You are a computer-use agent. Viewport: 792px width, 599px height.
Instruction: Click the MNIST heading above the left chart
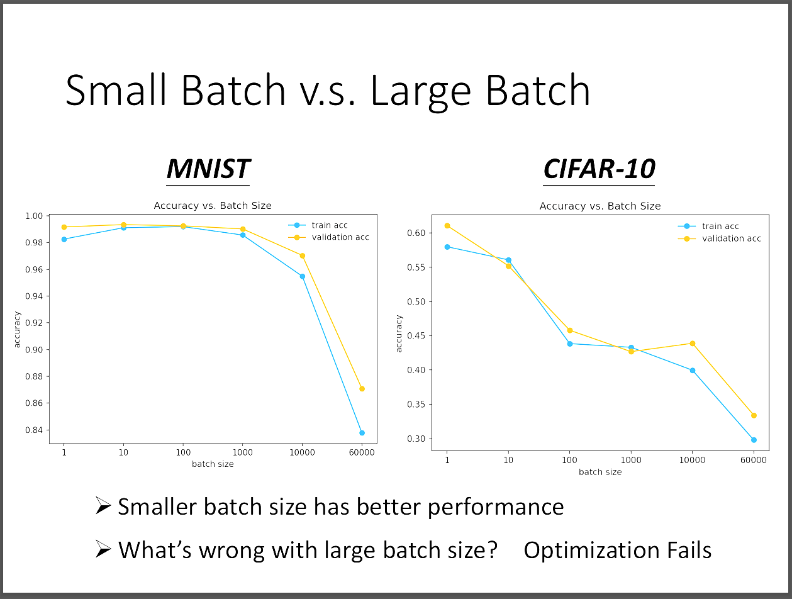coord(208,169)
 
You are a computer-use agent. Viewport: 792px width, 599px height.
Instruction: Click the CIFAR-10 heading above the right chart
coord(599,169)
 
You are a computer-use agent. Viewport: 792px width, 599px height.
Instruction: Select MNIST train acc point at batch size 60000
coord(362,433)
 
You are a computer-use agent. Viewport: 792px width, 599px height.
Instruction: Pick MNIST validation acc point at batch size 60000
coord(362,389)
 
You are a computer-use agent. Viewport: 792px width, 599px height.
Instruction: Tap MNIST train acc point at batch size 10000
coord(303,276)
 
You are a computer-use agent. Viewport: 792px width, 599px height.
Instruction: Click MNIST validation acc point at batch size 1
coord(64,227)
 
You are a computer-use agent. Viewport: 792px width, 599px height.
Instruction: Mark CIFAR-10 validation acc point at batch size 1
coord(447,225)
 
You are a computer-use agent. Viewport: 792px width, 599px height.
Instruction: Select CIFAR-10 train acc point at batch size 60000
coord(754,440)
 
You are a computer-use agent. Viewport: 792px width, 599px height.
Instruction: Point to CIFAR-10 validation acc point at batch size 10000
coord(693,344)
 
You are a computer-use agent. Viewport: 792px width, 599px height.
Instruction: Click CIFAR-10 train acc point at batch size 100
coord(570,344)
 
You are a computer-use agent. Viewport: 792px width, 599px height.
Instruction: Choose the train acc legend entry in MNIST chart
coord(318,225)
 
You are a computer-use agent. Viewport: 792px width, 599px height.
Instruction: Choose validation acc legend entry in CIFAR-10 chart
coord(720,238)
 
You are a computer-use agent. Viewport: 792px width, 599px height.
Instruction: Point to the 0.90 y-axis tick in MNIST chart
coord(34,350)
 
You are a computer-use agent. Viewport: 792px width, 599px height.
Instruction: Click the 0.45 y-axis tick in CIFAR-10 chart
coord(416,335)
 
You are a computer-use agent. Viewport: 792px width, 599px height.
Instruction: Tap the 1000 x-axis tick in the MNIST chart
coord(242,452)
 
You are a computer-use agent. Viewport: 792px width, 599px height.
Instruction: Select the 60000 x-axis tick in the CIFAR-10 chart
coord(754,460)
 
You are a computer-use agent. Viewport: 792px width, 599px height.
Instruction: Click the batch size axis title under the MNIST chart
coord(213,464)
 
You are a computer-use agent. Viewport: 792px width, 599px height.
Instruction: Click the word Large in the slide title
coord(421,91)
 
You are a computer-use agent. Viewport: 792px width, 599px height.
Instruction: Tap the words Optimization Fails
coord(617,551)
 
